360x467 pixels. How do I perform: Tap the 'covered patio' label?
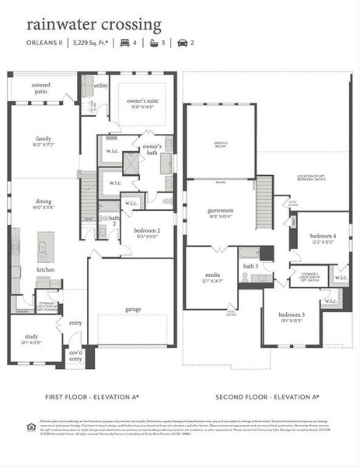(x=41, y=88)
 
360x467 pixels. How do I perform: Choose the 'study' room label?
(x=30, y=338)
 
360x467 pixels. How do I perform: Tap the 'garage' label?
(x=133, y=309)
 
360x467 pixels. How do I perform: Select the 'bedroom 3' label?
(x=292, y=314)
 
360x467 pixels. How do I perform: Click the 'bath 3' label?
(x=250, y=266)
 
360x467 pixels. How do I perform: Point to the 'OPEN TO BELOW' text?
(x=221, y=144)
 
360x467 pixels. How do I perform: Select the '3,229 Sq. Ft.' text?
(x=90, y=44)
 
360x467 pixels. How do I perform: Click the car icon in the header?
(x=183, y=44)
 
